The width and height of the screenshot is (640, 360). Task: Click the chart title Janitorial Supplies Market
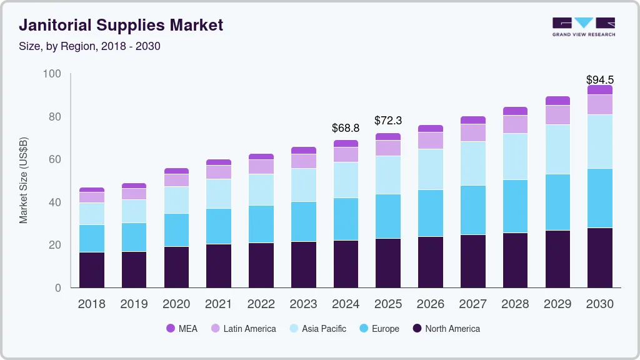(x=121, y=26)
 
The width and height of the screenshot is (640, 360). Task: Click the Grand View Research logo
(x=583, y=26)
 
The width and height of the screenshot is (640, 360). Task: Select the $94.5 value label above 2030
(x=599, y=79)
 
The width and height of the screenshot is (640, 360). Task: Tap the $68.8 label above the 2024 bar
(x=346, y=128)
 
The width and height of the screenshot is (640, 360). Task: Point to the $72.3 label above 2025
(x=388, y=121)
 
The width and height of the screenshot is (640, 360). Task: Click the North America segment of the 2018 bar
(x=91, y=270)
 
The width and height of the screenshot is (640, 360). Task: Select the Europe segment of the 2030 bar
(x=599, y=198)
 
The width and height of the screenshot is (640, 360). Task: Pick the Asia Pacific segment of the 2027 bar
(x=473, y=163)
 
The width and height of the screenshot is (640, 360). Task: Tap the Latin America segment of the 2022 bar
(x=261, y=166)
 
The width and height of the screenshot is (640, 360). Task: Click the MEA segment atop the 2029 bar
(x=557, y=101)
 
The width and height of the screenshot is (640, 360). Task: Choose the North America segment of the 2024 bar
(x=346, y=264)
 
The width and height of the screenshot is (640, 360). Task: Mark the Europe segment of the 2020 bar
(x=176, y=230)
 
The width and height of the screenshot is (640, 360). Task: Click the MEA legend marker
(x=171, y=329)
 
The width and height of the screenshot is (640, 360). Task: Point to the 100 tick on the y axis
(x=52, y=74)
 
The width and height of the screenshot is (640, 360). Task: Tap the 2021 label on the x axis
(x=218, y=304)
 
